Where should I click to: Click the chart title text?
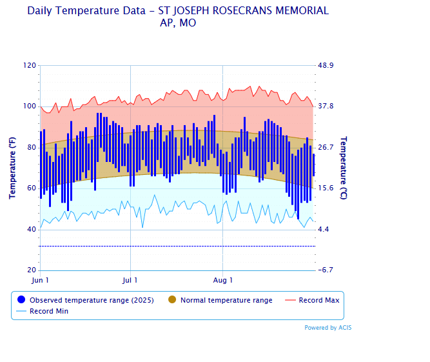coord(177,17)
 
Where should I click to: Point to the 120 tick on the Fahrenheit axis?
coord(30,66)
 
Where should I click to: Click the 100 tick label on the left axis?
coord(30,106)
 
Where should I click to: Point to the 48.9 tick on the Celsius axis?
coord(326,66)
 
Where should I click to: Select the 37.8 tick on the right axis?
coord(326,106)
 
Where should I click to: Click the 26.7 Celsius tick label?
coord(326,148)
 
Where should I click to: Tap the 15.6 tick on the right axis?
coord(326,188)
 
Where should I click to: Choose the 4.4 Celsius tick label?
coord(324,230)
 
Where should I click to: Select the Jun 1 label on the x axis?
coord(40,280)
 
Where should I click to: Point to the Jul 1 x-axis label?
coord(130,280)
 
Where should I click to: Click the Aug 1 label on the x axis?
coord(223,280)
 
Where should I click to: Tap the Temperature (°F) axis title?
coord(12,168)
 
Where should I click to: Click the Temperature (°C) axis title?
coord(344,168)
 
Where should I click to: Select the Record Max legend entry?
coord(318,300)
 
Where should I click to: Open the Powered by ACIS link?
coord(327,328)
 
